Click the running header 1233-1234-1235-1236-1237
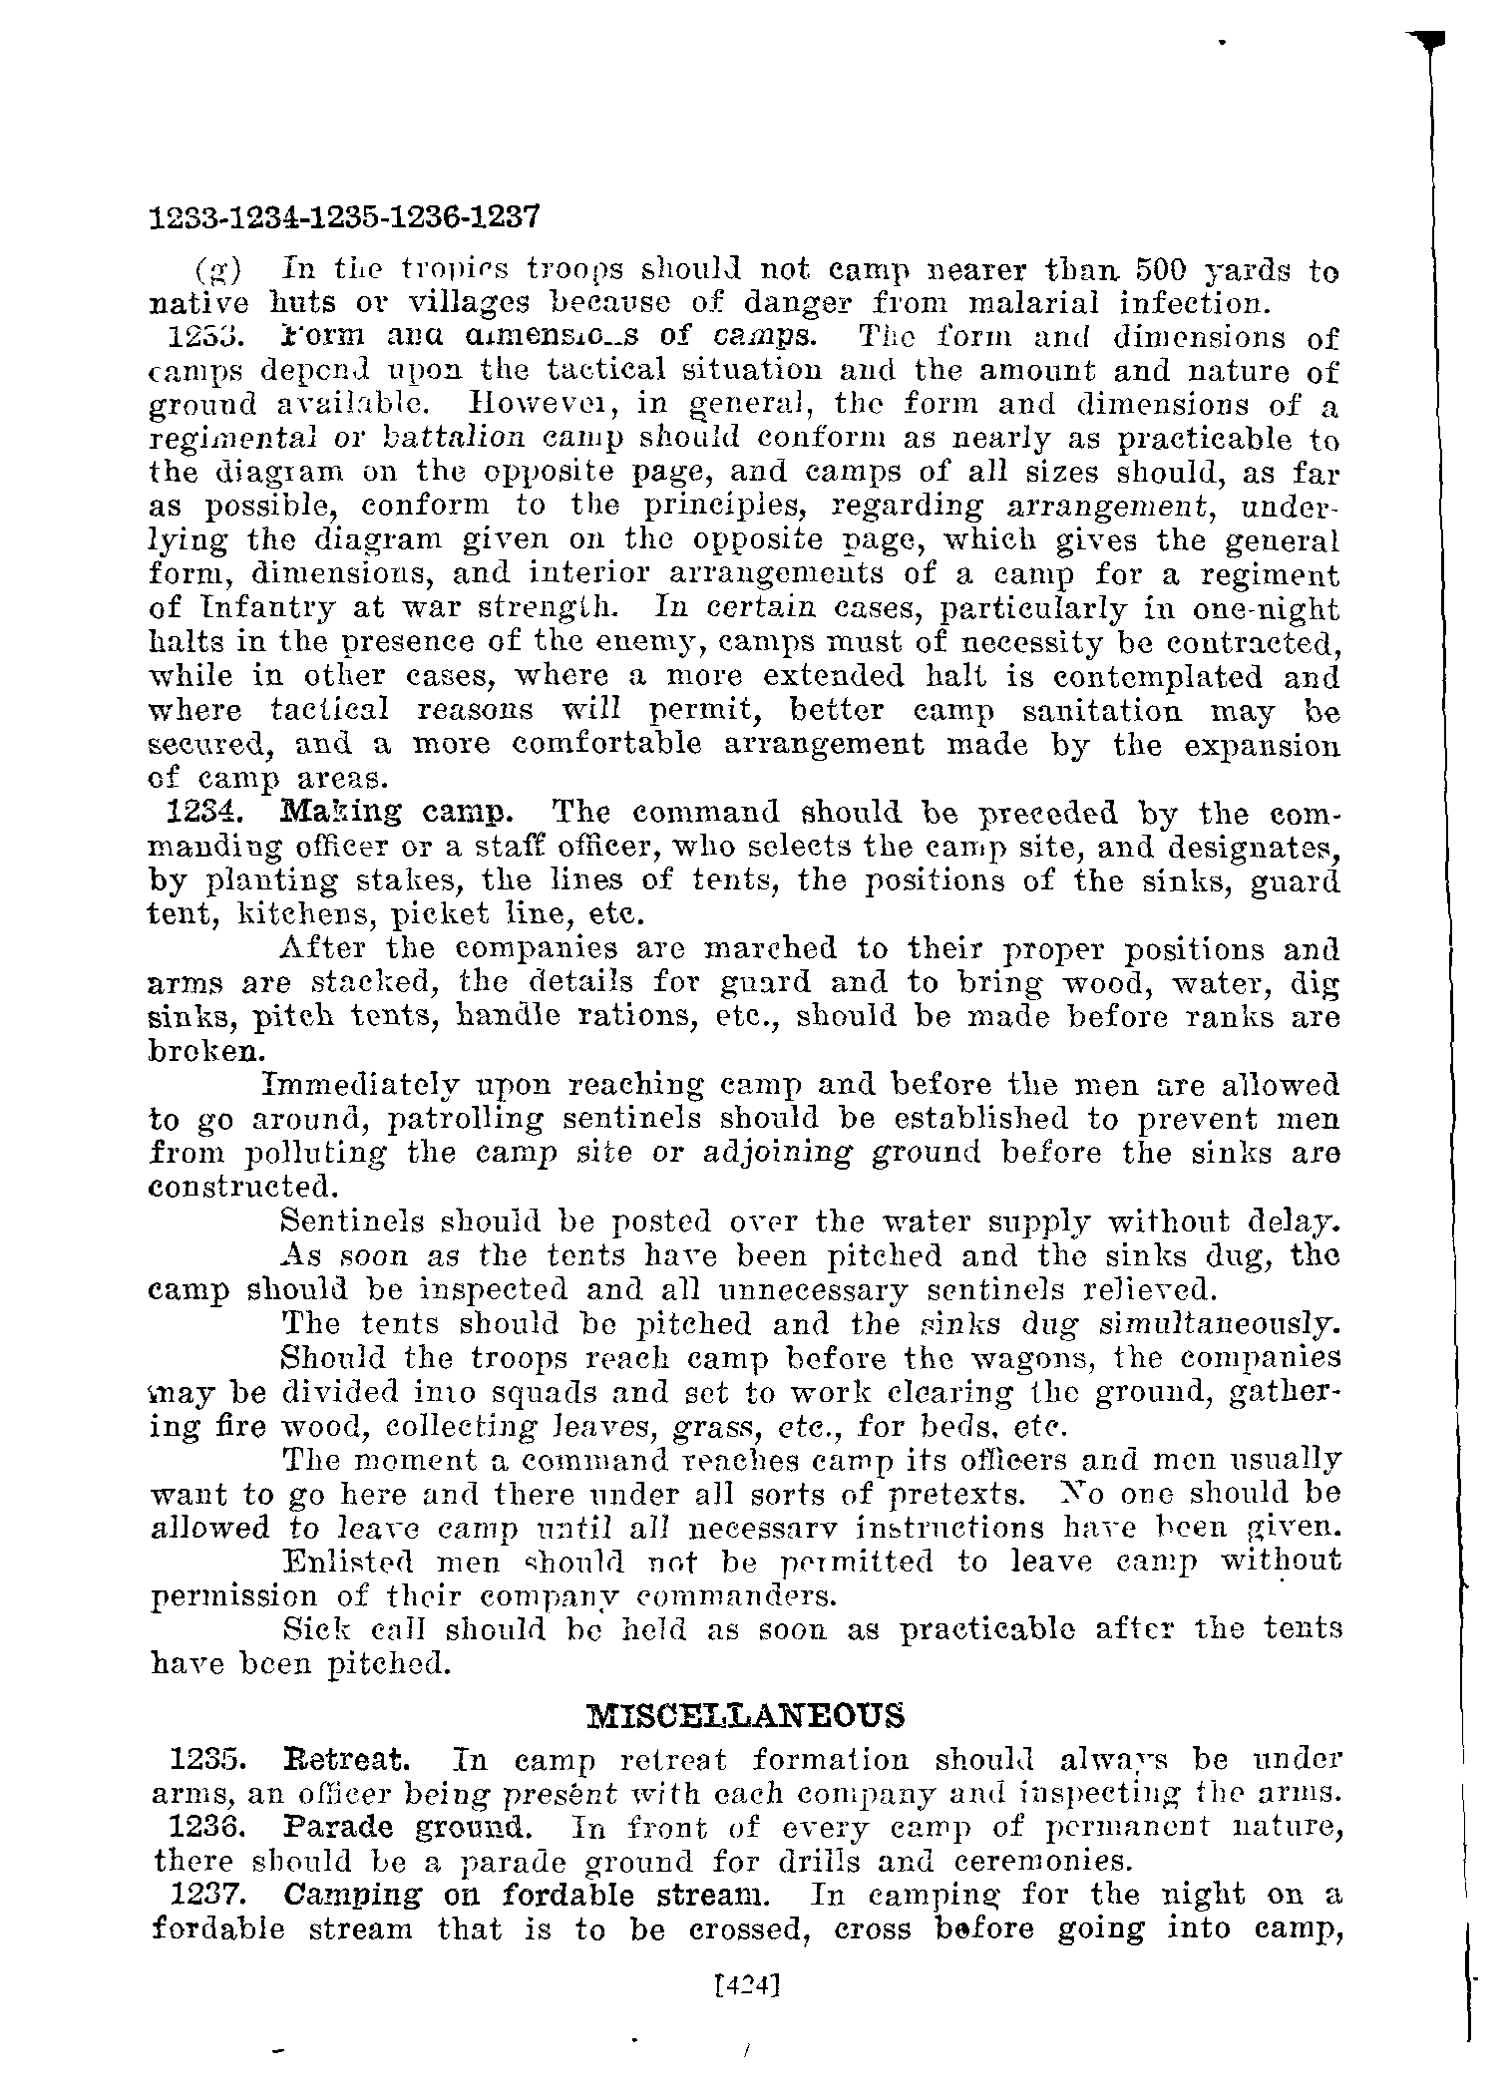(344, 216)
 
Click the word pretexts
(952, 1495)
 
